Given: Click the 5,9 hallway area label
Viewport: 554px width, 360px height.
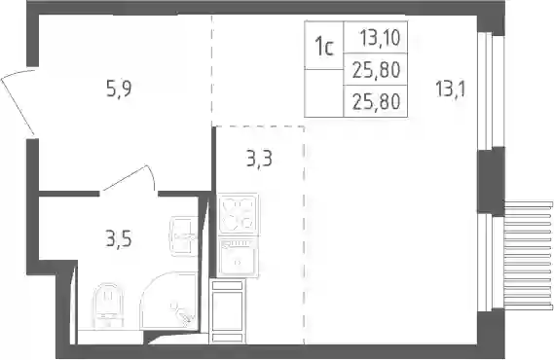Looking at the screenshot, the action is click(x=119, y=89).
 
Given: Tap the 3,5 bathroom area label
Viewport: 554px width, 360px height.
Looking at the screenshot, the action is click(x=119, y=239).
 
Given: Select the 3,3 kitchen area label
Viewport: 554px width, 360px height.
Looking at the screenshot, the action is click(x=259, y=158).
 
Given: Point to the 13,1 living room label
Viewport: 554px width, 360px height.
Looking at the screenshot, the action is click(x=451, y=89).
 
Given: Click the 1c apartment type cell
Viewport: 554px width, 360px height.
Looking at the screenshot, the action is click(x=324, y=46).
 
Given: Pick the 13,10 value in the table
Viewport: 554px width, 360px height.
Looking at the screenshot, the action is click(x=380, y=37).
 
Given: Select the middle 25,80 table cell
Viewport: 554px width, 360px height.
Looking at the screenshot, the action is click(x=376, y=69).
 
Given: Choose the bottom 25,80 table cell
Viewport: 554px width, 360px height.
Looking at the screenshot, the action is click(x=376, y=101).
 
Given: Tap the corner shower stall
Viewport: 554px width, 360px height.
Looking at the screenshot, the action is click(x=168, y=301).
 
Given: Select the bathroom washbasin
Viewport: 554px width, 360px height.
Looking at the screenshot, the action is click(x=184, y=236).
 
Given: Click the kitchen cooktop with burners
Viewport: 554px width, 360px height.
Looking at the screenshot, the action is click(x=238, y=213).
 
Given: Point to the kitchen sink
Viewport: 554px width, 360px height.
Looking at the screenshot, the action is click(x=238, y=257).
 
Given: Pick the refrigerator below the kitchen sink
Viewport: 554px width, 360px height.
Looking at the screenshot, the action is click(x=228, y=311).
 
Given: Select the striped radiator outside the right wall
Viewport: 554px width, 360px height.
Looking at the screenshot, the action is click(x=529, y=255).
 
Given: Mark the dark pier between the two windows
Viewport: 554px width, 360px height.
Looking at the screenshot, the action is click(x=491, y=181).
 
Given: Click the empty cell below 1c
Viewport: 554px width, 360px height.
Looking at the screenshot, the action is click(x=324, y=93).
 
